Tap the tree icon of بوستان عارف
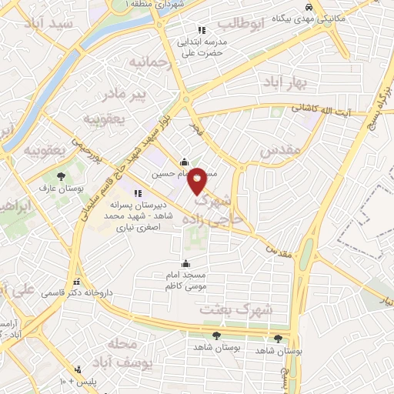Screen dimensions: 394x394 click(60, 176)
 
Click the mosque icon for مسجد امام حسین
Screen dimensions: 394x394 click(184, 162)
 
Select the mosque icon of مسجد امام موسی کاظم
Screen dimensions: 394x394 click(184, 264)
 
